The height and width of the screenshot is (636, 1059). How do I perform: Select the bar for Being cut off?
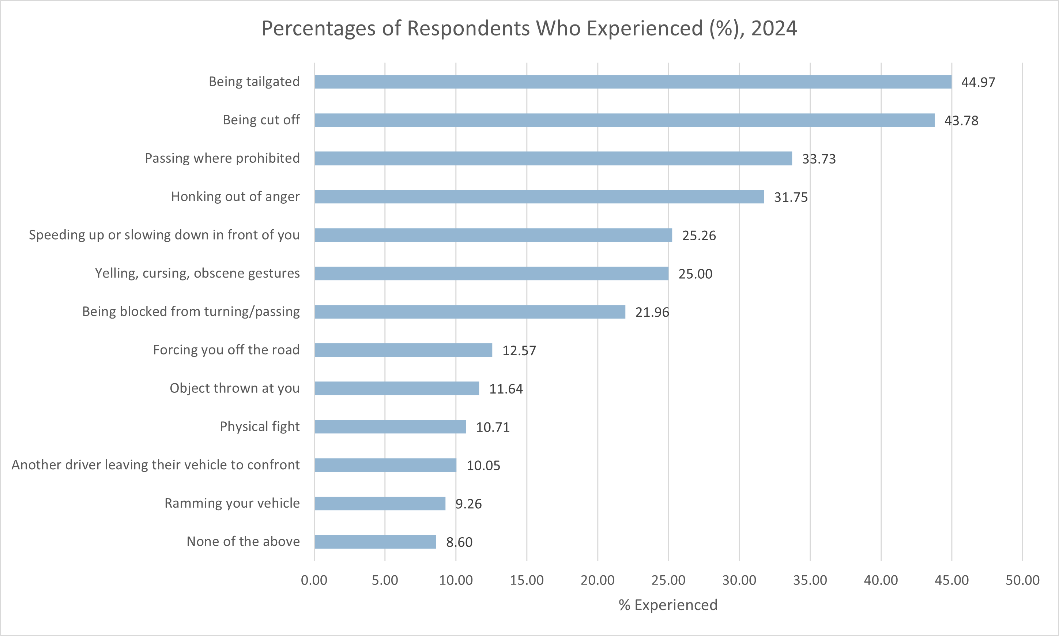pyautogui.click(x=624, y=120)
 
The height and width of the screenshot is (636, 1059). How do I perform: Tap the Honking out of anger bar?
pyautogui.click(x=539, y=197)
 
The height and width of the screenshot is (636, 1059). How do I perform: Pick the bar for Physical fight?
pyautogui.click(x=390, y=426)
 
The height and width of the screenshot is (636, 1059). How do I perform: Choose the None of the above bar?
pyautogui.click(x=375, y=542)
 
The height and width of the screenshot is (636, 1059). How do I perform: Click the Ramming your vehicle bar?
pyautogui.click(x=380, y=503)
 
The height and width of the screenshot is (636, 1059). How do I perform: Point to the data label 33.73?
pyautogui.click(x=819, y=159)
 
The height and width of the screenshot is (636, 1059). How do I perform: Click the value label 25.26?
pyautogui.click(x=699, y=236)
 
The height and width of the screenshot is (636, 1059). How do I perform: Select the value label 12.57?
pyautogui.click(x=519, y=351)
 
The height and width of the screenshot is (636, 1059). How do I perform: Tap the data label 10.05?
pyautogui.click(x=483, y=466)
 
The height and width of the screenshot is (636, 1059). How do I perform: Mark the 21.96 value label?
pyautogui.click(x=652, y=312)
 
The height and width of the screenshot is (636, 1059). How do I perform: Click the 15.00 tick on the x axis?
pyautogui.click(x=527, y=580)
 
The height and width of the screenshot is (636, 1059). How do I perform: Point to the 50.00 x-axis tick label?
pyautogui.click(x=1022, y=580)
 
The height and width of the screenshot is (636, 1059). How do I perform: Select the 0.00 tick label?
pyautogui.click(x=314, y=580)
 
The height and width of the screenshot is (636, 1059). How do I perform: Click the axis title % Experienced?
pyautogui.click(x=668, y=605)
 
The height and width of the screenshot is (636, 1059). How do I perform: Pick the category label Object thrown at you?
pyautogui.click(x=234, y=388)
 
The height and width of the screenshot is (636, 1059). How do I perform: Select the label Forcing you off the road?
pyautogui.click(x=226, y=350)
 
